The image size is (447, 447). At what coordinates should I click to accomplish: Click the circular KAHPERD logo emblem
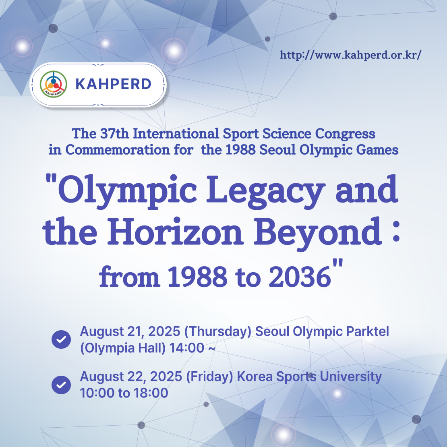pos(53,84)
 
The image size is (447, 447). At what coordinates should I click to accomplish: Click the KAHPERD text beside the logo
pos(113,84)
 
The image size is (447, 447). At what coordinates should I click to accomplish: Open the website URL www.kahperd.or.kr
pos(350,55)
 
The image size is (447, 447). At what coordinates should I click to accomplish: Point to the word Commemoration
pos(118,150)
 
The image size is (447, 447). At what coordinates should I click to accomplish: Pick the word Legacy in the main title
pos(265,191)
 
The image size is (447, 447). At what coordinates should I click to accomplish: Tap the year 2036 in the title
pos(300,277)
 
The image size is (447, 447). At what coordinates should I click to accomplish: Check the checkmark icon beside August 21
pos(61,339)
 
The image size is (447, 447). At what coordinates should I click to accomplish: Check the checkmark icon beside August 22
pos(61,385)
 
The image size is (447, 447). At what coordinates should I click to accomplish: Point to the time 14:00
pos(187,348)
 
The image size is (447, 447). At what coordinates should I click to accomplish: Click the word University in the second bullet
pos(351,377)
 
